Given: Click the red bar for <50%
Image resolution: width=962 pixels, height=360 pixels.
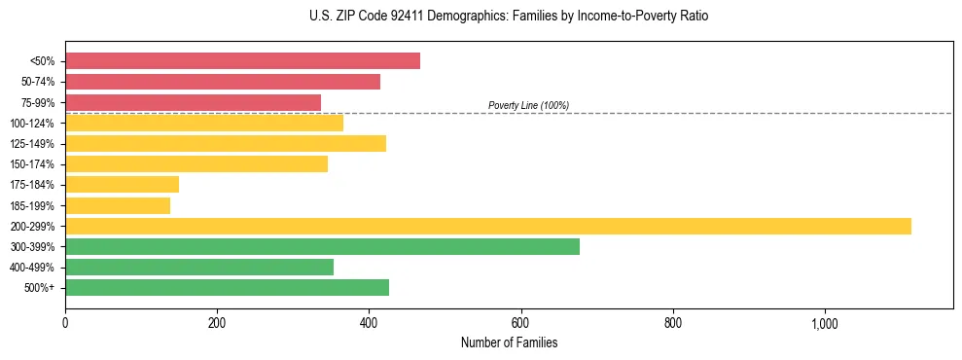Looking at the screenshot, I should (x=242, y=61).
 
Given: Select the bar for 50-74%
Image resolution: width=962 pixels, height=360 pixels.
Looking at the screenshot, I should (x=223, y=82).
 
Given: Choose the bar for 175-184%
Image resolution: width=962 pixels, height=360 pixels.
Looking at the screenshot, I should (x=122, y=185).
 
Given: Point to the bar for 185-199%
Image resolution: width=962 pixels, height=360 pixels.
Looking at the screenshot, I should (x=118, y=205).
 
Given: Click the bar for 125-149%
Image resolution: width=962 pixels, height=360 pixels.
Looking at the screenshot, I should (x=226, y=144).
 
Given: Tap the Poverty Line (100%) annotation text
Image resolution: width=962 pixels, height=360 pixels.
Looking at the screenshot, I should (x=528, y=105).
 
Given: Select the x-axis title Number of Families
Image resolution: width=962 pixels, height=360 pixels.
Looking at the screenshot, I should (x=509, y=343).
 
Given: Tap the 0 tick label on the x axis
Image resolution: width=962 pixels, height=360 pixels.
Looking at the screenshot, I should (x=65, y=323).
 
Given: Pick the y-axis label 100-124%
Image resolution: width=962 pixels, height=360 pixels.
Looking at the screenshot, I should (x=33, y=124).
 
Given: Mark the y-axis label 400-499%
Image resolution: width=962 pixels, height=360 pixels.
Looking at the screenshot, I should (x=33, y=268).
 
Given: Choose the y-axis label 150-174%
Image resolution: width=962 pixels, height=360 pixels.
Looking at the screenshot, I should (x=33, y=164).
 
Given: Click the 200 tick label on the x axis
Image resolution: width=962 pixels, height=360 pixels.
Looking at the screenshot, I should (x=217, y=323).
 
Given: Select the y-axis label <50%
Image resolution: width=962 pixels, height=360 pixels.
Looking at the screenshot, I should (x=43, y=61).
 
